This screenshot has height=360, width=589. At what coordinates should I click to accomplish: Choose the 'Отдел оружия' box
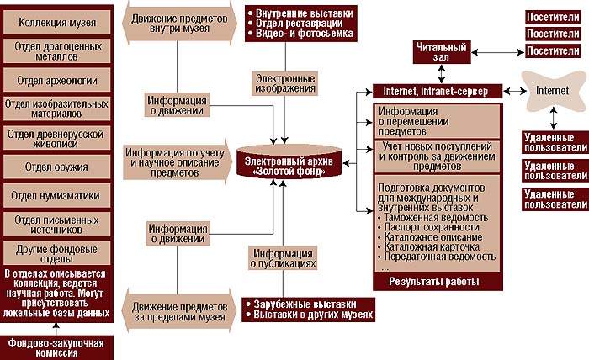pyautogui.click(x=57, y=165)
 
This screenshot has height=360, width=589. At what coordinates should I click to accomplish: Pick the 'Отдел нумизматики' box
pyautogui.click(x=57, y=195)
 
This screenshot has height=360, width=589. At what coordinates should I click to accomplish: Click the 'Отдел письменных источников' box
pyautogui.click(x=57, y=225)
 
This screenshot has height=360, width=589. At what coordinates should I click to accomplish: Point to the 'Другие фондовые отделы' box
pyautogui.click(x=57, y=252)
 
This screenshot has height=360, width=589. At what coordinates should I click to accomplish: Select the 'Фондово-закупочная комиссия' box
pyautogui.click(x=57, y=347)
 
